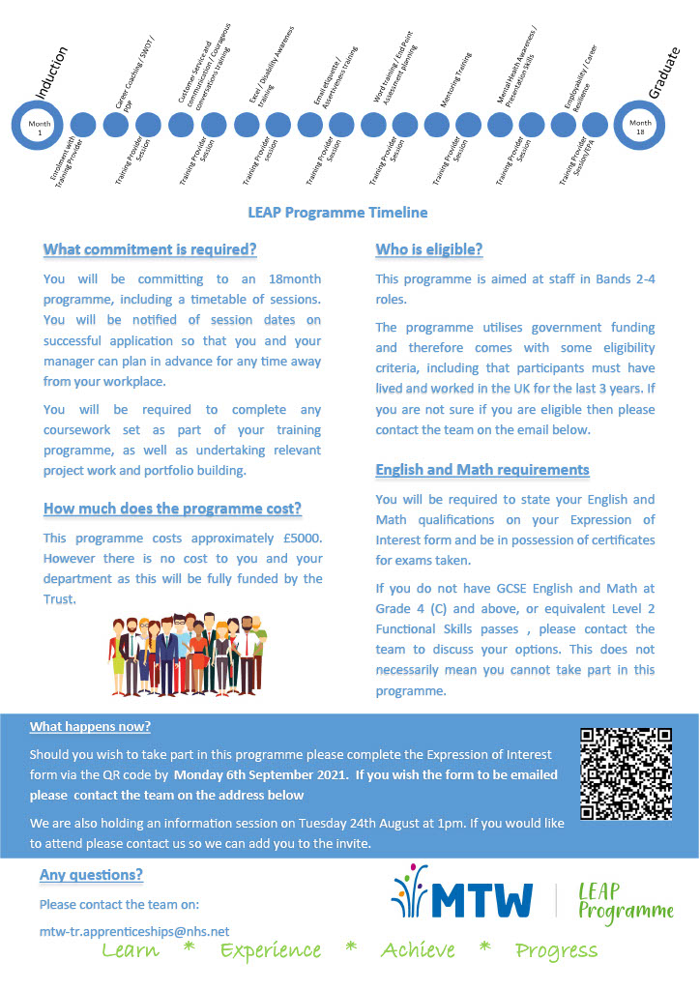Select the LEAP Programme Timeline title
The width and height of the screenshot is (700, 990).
click(x=337, y=212)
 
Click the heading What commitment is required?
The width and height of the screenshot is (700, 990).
click(x=150, y=249)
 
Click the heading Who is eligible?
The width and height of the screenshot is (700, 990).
click(x=428, y=249)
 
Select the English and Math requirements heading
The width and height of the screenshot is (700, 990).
click(x=481, y=470)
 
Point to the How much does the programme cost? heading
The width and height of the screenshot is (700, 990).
click(x=172, y=509)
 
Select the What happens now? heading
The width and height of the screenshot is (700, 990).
click(x=90, y=726)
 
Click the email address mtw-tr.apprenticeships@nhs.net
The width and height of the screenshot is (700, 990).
click(x=134, y=930)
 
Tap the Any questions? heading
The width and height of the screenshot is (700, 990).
click(x=91, y=875)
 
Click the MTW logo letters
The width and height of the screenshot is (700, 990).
click(x=481, y=899)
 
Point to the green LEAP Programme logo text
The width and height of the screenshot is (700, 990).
click(x=624, y=900)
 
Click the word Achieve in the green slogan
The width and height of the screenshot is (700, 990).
click(x=418, y=951)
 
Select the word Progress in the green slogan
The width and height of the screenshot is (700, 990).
click(x=556, y=951)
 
